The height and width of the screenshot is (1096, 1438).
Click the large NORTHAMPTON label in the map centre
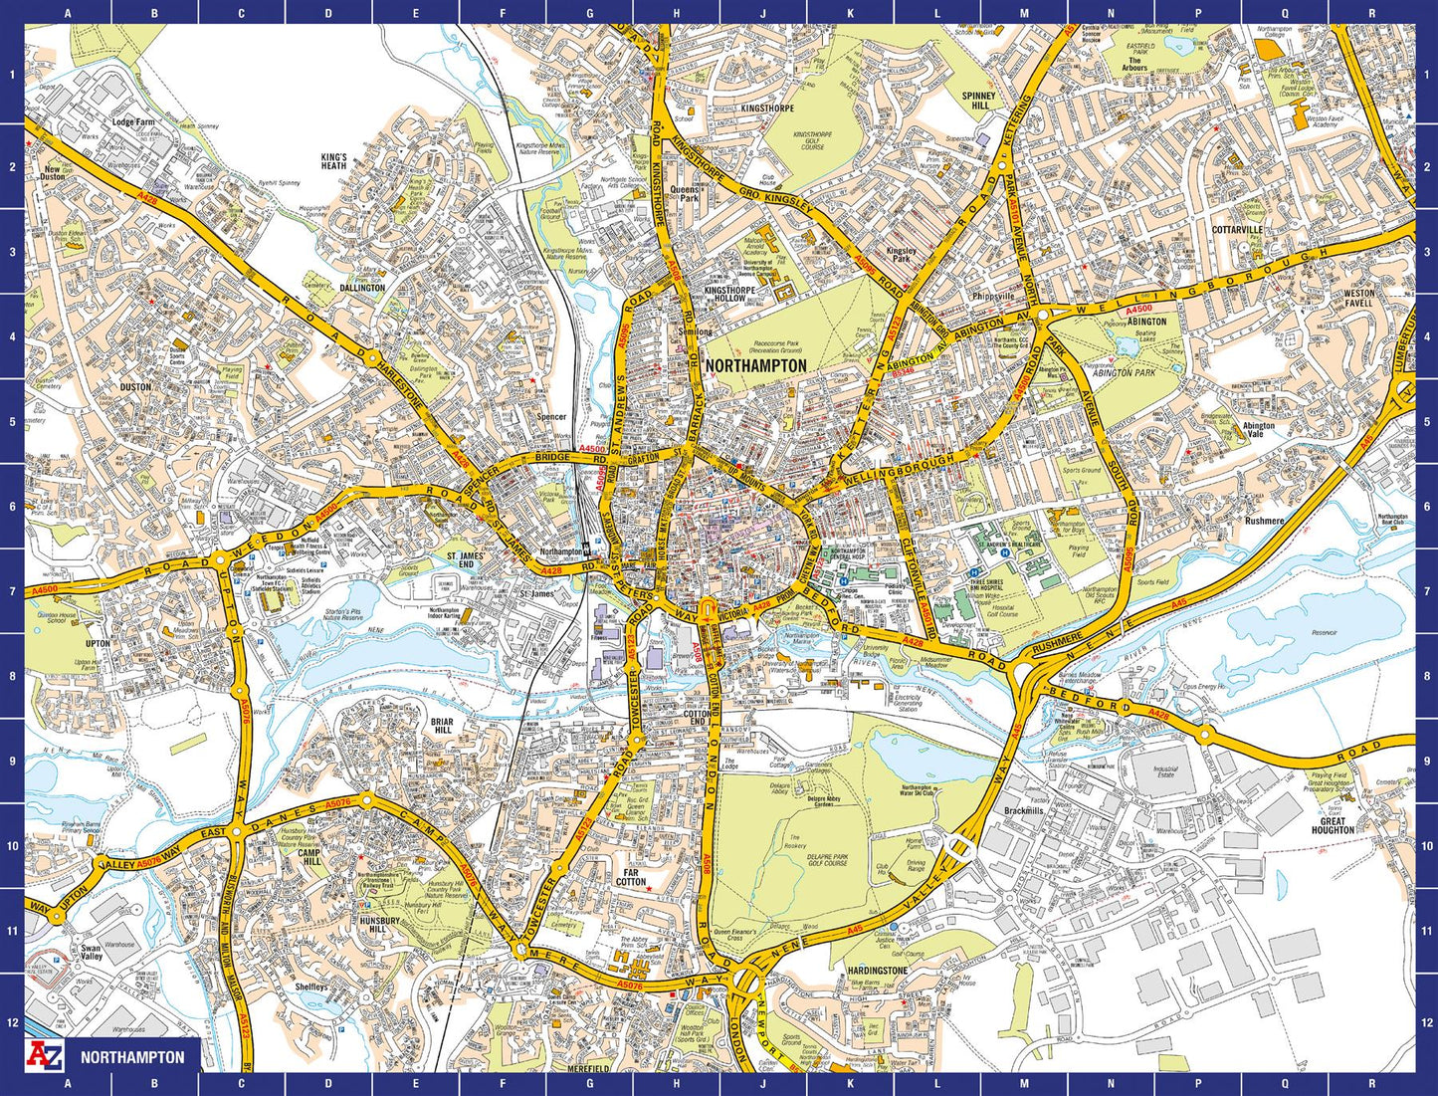tap(755, 366)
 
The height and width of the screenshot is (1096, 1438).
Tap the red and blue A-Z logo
tap(45, 1056)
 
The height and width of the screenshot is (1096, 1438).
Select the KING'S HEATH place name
tap(333, 161)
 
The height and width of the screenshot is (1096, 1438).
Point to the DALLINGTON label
tap(361, 288)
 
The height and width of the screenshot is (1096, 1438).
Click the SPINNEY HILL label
tap(979, 101)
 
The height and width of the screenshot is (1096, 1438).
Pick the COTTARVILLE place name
tap(1237, 230)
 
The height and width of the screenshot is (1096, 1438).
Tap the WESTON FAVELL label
tap(1358, 298)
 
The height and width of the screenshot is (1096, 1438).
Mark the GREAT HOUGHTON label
tap(1333, 824)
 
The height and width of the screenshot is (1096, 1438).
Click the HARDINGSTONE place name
tap(877, 971)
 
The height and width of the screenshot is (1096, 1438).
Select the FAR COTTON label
tap(631, 877)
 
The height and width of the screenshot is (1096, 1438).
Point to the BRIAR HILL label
tap(442, 726)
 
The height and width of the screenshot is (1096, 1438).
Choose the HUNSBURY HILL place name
tap(379, 926)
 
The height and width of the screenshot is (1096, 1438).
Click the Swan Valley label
tap(92, 953)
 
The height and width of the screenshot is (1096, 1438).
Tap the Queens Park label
tap(685, 193)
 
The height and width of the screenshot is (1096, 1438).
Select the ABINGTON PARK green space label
tap(1125, 372)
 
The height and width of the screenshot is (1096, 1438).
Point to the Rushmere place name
tap(1264, 521)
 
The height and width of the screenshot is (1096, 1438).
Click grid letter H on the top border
tap(677, 13)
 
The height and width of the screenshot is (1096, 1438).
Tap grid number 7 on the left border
tap(11, 591)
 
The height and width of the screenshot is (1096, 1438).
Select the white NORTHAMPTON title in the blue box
tap(132, 1057)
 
